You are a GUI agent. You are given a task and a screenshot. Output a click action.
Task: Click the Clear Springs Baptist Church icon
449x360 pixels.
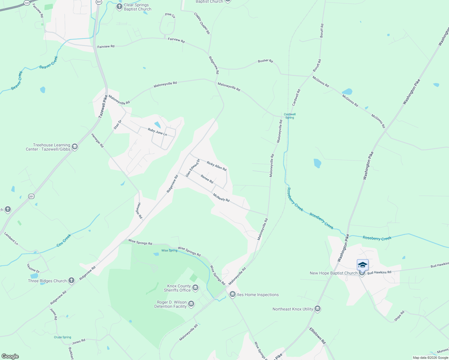tap(119, 7)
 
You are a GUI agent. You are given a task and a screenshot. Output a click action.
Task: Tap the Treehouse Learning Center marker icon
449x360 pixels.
tap(75, 147)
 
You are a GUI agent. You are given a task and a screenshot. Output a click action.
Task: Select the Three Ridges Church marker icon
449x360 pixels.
tap(71, 280)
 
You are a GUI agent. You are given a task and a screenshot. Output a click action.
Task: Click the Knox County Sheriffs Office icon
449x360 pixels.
tap(195, 288)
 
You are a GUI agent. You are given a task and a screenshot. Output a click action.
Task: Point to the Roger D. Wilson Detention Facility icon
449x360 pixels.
tap(191, 304)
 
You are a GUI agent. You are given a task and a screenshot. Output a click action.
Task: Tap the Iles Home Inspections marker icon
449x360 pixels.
tap(232, 295)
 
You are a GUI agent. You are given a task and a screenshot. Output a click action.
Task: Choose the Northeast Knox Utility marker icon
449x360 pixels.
tap(318, 309)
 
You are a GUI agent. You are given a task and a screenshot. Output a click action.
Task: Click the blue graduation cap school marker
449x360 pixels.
tap(363, 265)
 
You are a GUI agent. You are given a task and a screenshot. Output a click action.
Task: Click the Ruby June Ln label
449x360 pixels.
tap(157, 132)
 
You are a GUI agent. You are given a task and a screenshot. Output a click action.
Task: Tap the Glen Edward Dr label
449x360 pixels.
tap(192, 168)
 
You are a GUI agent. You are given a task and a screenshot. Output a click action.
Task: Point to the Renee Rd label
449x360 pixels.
tap(207, 179)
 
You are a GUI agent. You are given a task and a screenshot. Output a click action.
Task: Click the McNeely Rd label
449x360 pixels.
tap(221, 197)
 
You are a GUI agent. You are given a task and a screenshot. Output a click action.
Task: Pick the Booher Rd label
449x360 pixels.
tap(265, 61)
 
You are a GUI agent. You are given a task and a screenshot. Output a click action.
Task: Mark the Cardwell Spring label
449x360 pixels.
tap(290, 116)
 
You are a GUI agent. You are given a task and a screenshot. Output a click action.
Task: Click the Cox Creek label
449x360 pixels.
tap(64, 241)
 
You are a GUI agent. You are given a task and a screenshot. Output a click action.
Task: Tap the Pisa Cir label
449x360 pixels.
tap(170, 15)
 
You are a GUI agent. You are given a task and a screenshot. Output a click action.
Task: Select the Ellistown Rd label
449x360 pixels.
tap(318, 335)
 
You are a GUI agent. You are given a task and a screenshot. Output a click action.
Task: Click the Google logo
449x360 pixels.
tap(10, 356)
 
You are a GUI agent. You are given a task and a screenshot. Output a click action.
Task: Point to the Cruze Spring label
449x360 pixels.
tap(62, 337)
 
